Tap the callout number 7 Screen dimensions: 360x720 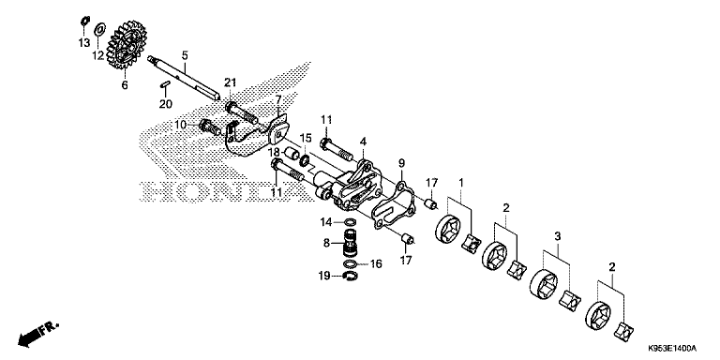point(277,98)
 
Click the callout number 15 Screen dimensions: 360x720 point(305,137)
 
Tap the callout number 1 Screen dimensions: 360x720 point(460,180)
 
